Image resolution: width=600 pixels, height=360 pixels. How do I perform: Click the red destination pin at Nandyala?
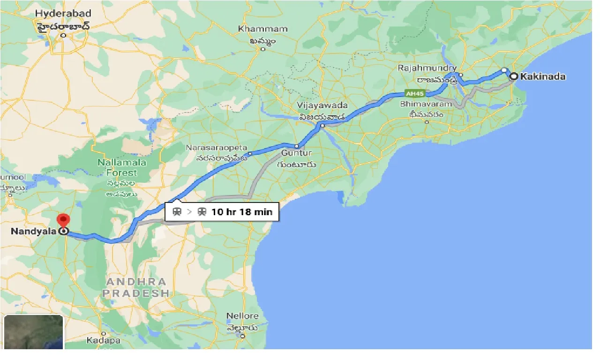click(63, 219)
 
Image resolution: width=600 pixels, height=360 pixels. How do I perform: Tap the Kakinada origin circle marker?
click(514, 76)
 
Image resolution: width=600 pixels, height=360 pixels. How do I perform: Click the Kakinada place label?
click(544, 76)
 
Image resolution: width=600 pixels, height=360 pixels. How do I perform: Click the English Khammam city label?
click(262, 29)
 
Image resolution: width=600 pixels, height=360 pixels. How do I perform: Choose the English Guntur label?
click(297, 153)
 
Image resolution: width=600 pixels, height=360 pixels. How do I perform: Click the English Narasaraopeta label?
click(217, 148)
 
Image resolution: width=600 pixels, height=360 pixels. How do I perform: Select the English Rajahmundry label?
click(427, 68)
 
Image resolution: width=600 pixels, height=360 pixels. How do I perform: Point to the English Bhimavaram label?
click(427, 104)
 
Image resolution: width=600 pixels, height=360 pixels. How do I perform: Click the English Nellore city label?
click(242, 316)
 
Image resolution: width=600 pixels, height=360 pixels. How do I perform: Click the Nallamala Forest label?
click(122, 168)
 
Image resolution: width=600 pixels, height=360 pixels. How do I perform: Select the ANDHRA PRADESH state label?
click(136, 287)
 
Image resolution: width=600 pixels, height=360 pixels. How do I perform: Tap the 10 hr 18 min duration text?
click(242, 212)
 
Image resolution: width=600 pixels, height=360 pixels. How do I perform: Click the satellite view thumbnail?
click(33, 332)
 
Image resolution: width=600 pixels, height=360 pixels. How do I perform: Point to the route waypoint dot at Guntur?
click(296, 146)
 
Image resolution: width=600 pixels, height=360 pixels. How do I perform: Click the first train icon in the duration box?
click(177, 212)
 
